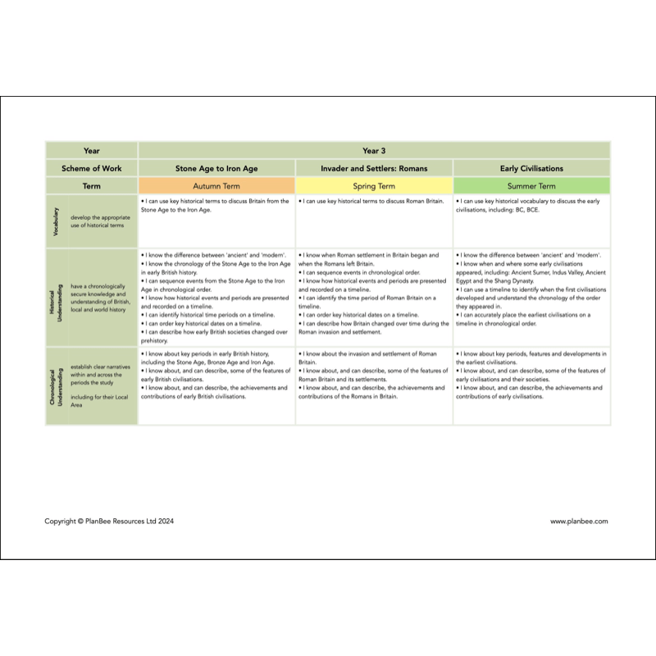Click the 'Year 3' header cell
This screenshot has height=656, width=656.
(x=374, y=151)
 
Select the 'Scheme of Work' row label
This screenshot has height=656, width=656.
(x=92, y=168)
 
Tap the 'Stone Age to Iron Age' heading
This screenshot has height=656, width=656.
(x=216, y=168)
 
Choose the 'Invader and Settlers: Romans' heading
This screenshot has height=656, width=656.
(x=374, y=168)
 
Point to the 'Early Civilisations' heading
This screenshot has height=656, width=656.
(x=531, y=168)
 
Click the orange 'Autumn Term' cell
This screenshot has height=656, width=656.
(x=216, y=186)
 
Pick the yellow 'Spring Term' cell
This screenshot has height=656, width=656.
(x=374, y=186)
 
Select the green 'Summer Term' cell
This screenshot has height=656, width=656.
(x=531, y=186)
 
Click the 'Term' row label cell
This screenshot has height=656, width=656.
(x=92, y=186)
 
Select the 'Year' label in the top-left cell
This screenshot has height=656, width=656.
(x=92, y=151)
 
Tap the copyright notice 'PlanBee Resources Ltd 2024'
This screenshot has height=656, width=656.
(x=109, y=521)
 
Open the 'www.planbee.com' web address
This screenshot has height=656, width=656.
(x=579, y=521)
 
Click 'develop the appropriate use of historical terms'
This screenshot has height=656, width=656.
(x=98, y=221)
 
